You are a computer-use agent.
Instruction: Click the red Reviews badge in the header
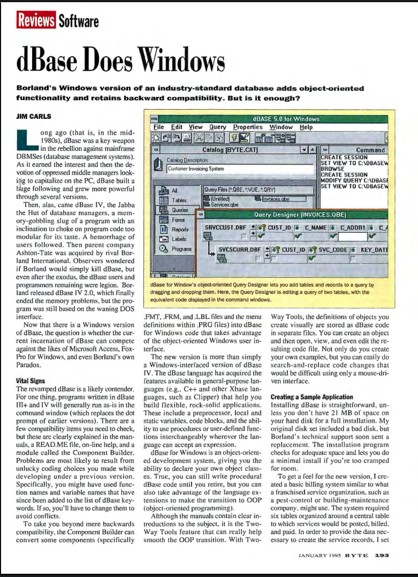click(36, 21)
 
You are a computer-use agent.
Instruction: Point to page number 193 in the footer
click(381, 555)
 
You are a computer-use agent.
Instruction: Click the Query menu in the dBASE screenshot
click(217, 127)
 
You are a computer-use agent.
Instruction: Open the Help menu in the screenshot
click(306, 127)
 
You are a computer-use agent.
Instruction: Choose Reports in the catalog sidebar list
click(179, 230)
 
